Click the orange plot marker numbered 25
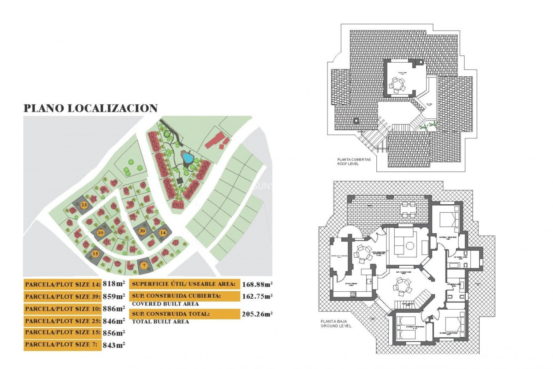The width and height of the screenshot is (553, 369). click(x=84, y=205)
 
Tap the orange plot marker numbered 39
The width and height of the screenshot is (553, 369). click(x=142, y=231)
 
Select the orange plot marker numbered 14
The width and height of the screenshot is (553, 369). click(x=163, y=232)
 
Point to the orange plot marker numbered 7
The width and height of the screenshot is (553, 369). click(x=144, y=266)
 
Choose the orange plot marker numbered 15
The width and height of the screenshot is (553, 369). click(x=95, y=254)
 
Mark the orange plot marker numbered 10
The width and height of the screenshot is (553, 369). click(x=101, y=233)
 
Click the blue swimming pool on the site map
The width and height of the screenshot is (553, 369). click(x=188, y=158)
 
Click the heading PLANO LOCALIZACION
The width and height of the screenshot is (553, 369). click(x=90, y=108)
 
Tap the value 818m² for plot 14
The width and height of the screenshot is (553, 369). click(x=114, y=284)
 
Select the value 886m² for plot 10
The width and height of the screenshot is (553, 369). click(x=114, y=309)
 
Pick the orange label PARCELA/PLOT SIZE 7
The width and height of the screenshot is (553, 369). click(x=62, y=345)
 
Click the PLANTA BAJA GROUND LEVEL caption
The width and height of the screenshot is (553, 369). click(x=336, y=323)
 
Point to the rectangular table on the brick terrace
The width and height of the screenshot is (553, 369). click(x=409, y=210)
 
